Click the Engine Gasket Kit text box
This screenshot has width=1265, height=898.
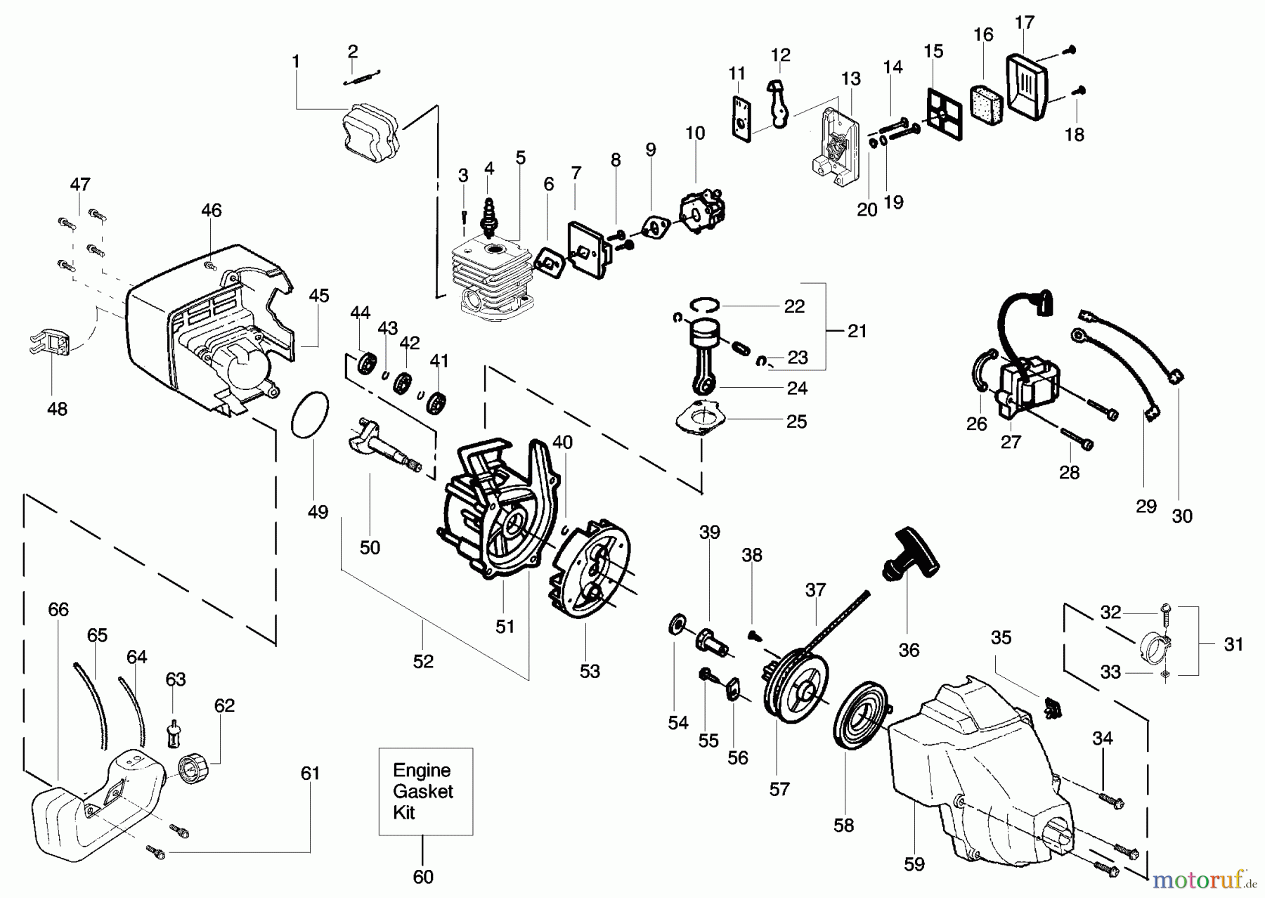pyautogui.click(x=425, y=791)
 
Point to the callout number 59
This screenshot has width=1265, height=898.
pyautogui.click(x=914, y=864)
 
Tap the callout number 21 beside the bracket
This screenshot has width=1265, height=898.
pyautogui.click(x=857, y=330)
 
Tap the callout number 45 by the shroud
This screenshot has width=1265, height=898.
pyautogui.click(x=319, y=295)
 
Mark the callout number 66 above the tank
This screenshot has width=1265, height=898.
pyautogui.click(x=58, y=609)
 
